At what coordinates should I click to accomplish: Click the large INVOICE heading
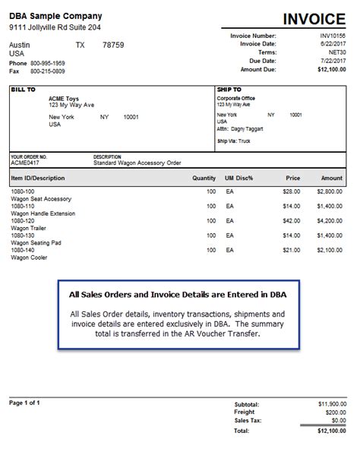click(x=313, y=19)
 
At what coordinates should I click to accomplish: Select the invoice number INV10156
click(x=332, y=35)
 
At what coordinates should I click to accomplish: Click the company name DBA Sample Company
click(x=55, y=16)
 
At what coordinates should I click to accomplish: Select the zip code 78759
click(x=112, y=45)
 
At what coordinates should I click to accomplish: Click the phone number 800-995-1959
click(x=48, y=63)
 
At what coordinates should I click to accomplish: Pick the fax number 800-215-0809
click(x=48, y=71)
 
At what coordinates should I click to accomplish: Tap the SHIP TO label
click(x=230, y=90)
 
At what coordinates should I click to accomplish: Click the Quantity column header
click(x=204, y=178)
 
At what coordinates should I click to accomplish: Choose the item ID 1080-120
click(x=24, y=220)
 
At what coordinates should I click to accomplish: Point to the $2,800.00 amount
click(x=331, y=192)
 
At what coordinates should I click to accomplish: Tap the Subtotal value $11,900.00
click(x=331, y=406)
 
